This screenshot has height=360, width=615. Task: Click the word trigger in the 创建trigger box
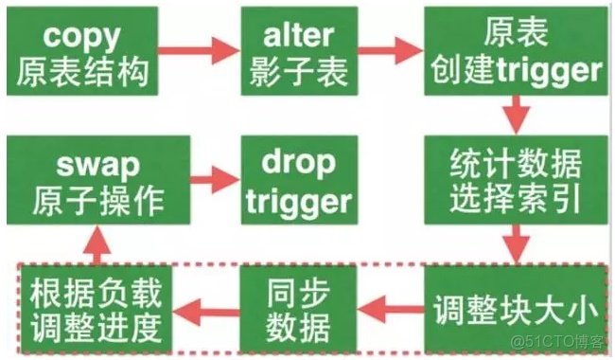click(544, 71)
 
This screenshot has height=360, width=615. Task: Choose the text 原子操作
click(97, 202)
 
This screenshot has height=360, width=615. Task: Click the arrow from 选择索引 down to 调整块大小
click(515, 243)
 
